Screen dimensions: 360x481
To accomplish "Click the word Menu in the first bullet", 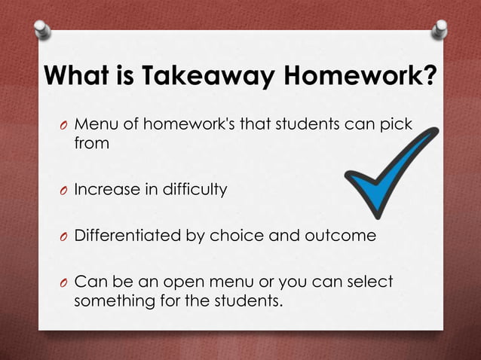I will [x=93, y=124].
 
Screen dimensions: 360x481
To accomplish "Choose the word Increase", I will [x=103, y=190].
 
